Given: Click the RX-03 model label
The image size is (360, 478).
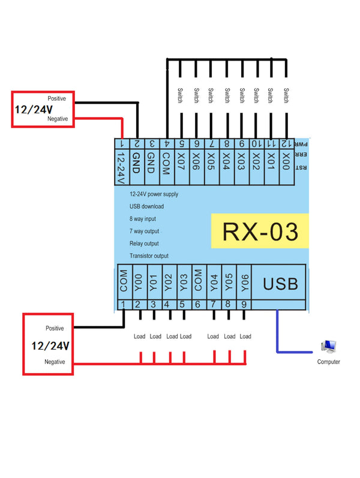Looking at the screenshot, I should [x=260, y=231].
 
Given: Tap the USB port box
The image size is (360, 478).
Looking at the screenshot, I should [x=281, y=282].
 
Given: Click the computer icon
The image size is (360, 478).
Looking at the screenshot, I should [x=328, y=347].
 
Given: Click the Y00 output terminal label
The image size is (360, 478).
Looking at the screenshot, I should [x=138, y=282].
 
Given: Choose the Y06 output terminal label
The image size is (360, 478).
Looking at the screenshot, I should [x=244, y=282].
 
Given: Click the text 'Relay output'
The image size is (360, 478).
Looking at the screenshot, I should [x=144, y=243].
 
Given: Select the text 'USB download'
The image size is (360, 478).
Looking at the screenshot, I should [x=146, y=206].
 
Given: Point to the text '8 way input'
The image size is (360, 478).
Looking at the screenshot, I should [x=143, y=219].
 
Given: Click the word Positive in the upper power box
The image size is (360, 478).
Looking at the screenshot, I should [x=57, y=98].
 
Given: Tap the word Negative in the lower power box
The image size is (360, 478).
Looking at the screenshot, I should [x=54, y=362].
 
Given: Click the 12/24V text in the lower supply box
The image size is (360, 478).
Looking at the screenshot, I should [x=50, y=346].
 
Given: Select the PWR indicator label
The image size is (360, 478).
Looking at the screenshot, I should [x=304, y=144].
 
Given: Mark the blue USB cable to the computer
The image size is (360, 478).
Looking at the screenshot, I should [x=278, y=336].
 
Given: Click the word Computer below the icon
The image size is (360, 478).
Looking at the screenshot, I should [x=328, y=362].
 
